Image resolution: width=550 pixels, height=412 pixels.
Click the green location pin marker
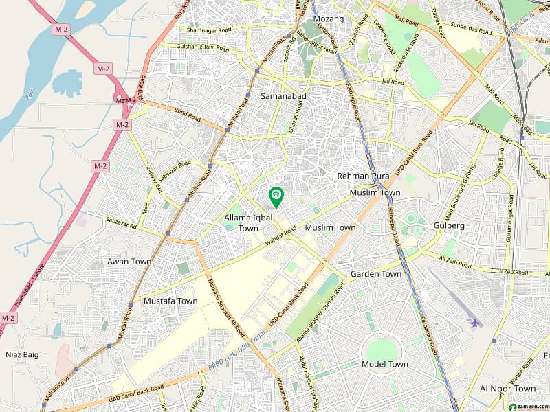tap(276, 196)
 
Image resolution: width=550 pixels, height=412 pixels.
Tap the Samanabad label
tap(283, 97)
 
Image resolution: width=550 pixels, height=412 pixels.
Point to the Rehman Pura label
tap(363, 176)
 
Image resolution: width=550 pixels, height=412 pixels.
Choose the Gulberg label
tap(450, 225)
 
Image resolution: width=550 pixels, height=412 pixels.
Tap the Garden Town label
tap(376, 274)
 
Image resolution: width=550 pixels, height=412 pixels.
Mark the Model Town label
tap(384, 364)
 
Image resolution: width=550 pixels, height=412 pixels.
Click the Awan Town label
tap(129, 262)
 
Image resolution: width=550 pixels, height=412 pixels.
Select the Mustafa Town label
tap(170, 301)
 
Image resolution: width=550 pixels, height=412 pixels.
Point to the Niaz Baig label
tap(21, 355)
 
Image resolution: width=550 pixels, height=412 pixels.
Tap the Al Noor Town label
tap(507, 389)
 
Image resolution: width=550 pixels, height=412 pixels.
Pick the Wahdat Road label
tap(280, 237)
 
